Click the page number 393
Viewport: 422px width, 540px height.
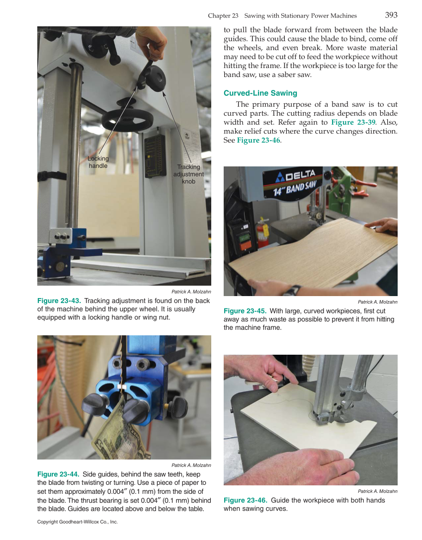(391, 15)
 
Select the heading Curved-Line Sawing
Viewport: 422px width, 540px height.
(260, 93)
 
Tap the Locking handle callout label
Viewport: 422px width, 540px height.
(98, 162)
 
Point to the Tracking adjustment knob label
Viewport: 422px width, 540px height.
(188, 174)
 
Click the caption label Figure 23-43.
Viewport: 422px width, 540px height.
(59, 301)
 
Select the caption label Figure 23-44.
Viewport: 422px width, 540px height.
(59, 474)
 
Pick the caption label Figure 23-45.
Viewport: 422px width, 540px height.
(245, 311)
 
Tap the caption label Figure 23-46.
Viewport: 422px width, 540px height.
(245, 500)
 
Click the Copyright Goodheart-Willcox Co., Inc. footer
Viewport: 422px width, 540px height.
(78, 522)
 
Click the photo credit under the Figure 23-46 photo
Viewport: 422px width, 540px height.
(377, 491)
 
